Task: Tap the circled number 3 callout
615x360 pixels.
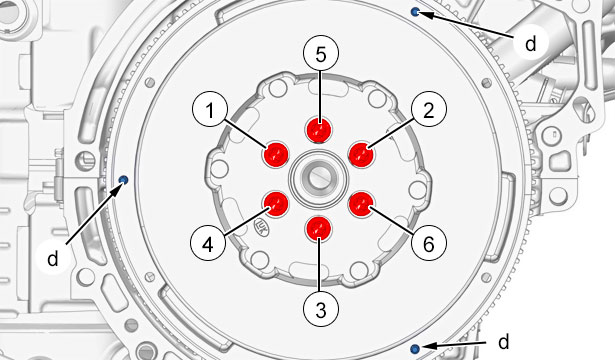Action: pyautogui.click(x=321, y=310)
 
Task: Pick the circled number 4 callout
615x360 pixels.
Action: pyautogui.click(x=208, y=244)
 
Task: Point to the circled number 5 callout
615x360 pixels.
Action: pyautogui.click(x=321, y=55)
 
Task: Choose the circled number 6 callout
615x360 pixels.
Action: pyautogui.click(x=429, y=244)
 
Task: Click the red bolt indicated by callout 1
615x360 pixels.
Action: pyautogui.click(x=275, y=154)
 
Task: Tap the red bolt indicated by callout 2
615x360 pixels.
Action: pyautogui.click(x=361, y=154)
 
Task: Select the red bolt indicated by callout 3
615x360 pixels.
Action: pyautogui.click(x=318, y=228)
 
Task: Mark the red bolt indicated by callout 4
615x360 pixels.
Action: pyautogui.click(x=275, y=204)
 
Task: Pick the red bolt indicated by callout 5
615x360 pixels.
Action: pyautogui.click(x=318, y=129)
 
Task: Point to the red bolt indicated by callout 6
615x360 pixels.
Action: pyautogui.click(x=361, y=204)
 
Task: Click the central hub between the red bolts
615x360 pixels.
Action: pyautogui.click(x=318, y=178)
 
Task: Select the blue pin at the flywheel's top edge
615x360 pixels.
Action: pyautogui.click(x=415, y=12)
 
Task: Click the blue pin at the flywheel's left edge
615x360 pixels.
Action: pyautogui.click(x=124, y=180)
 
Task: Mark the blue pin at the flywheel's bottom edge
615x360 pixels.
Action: pyautogui.click(x=415, y=348)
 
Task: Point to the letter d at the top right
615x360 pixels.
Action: pyautogui.click(x=530, y=44)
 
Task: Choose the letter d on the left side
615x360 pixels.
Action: pyautogui.click(x=53, y=258)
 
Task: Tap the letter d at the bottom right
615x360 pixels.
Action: pyautogui.click(x=504, y=342)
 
